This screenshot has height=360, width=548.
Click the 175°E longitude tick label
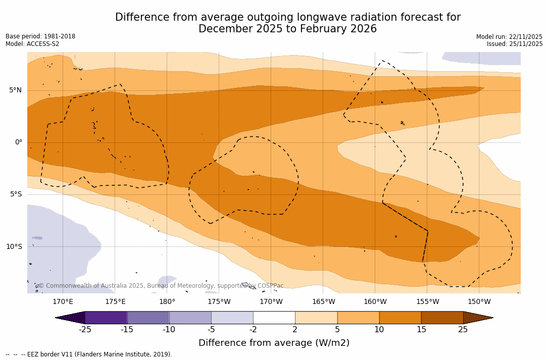click(115, 302)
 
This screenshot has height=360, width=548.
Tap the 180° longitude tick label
click(167, 302)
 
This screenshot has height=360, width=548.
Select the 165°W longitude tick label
click(323, 302)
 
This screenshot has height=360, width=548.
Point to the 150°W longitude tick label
click(479, 302)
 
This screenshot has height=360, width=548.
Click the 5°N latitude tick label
click(16, 90)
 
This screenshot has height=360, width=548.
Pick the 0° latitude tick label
click(19, 142)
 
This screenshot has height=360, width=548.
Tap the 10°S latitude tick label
click(14, 247)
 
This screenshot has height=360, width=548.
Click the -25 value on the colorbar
click(85, 330)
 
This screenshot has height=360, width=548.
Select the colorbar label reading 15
click(421, 330)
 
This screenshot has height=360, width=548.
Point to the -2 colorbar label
click(253, 330)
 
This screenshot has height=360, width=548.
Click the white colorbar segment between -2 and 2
click(274, 318)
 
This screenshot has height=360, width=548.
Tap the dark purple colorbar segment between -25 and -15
click(106, 318)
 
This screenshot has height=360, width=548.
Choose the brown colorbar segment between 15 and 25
click(442, 318)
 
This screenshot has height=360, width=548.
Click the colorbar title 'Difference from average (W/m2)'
click(274, 343)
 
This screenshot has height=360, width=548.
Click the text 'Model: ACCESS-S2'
click(32, 44)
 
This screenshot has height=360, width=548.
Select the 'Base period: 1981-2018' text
click(40, 36)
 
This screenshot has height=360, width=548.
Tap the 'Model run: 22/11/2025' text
click(509, 37)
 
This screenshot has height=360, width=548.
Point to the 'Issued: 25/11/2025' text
click(515, 44)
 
